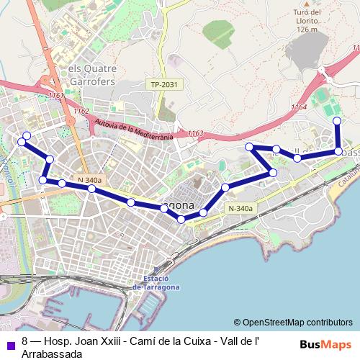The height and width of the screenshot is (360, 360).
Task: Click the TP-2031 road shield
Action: click(164, 85)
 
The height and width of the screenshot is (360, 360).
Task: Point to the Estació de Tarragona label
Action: click(156, 283)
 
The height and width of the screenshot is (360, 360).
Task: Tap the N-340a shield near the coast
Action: click(240, 209)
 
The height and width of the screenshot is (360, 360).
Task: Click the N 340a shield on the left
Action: click(89, 179)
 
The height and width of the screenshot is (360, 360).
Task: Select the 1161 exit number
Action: click(56, 95)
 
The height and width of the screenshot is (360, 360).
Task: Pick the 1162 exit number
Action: click(81, 112)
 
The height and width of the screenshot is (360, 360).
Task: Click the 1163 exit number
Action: click(194, 133)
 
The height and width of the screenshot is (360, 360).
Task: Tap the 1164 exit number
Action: click(299, 107)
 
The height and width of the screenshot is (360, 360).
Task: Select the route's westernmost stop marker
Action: click(22, 142)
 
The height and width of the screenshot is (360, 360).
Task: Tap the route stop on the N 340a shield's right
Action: click(91, 189)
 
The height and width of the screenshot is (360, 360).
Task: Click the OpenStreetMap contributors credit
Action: click(293, 323)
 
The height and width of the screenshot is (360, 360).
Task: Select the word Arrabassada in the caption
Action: click(51, 354)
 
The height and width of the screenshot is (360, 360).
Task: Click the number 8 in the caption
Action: click(25, 342)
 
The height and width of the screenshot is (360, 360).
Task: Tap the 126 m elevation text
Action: click(306, 29)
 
